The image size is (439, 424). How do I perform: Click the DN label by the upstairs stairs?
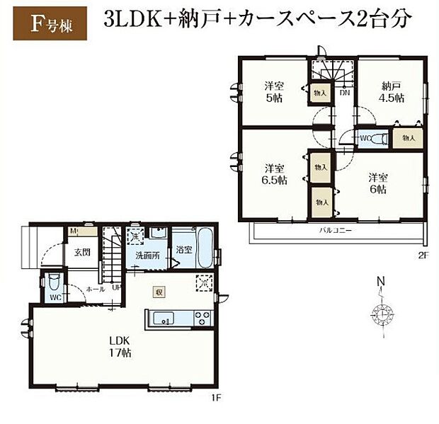click(x=344, y=93)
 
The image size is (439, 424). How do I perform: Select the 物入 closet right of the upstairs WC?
click(x=409, y=137)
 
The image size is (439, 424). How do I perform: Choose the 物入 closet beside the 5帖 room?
click(x=320, y=92)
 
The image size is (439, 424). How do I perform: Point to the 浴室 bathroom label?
click(x=185, y=249)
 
